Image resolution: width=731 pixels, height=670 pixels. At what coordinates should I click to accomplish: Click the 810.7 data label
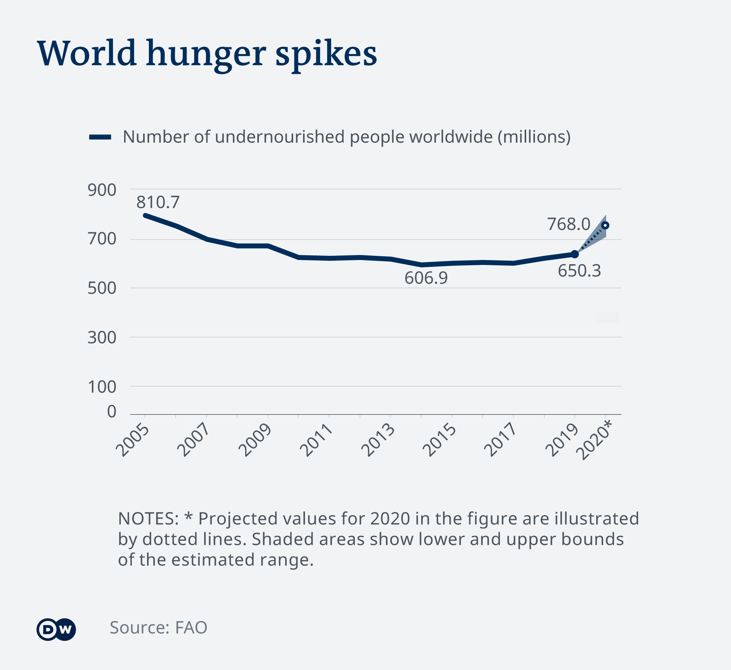(x=158, y=202)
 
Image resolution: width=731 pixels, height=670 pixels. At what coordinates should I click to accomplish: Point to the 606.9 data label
(x=426, y=278)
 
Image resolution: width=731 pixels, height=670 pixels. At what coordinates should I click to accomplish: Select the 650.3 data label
(x=579, y=271)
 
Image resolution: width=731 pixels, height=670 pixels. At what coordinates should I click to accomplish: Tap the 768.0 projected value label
(x=568, y=224)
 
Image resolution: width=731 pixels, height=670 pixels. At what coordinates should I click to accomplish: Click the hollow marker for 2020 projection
(x=605, y=225)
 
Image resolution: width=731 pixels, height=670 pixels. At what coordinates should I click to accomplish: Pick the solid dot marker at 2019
(x=575, y=254)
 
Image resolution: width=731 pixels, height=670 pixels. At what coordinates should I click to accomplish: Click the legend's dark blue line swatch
(x=100, y=137)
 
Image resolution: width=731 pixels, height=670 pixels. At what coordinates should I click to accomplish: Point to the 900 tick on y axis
(x=102, y=190)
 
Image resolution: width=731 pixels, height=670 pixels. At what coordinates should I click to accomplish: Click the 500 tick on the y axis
(x=102, y=288)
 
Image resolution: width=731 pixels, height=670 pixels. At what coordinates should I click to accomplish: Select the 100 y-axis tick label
(x=102, y=387)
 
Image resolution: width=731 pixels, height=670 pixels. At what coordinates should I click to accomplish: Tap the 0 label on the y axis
(x=112, y=412)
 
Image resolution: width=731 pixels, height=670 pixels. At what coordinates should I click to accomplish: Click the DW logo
(x=56, y=629)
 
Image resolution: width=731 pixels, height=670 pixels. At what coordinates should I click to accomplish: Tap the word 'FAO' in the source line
(x=191, y=628)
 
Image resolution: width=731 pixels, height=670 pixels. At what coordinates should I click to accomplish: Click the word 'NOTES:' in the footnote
(x=148, y=518)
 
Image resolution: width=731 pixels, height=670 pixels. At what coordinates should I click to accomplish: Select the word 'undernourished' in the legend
(x=279, y=137)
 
